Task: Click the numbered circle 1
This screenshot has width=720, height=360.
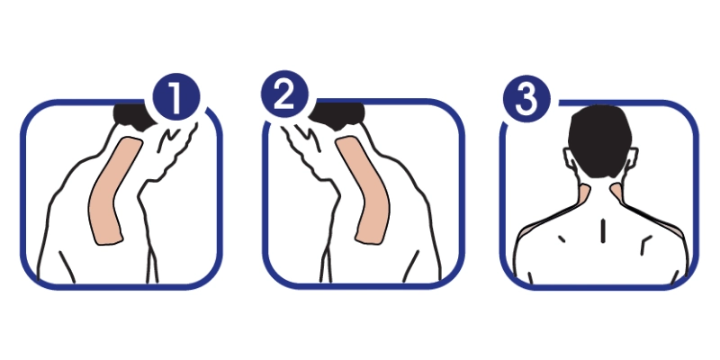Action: click(x=175, y=97)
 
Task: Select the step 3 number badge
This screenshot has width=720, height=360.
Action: click(x=526, y=99)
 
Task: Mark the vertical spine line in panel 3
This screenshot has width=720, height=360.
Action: click(x=602, y=230)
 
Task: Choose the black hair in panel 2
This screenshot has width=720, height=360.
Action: click(x=339, y=115)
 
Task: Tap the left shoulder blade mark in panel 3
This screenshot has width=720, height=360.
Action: click(x=561, y=238)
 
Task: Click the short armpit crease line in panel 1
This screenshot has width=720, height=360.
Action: click(x=67, y=266)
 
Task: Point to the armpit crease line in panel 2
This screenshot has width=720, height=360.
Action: click(x=410, y=265)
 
